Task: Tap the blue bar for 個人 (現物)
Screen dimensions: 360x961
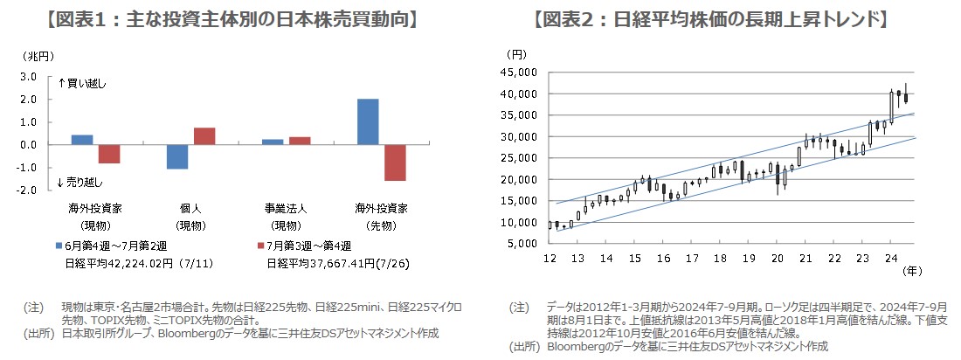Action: [177, 156]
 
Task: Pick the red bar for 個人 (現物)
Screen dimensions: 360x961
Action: [204, 136]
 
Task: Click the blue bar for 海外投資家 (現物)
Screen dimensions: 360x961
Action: [82, 140]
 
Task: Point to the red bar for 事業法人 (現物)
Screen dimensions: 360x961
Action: [300, 141]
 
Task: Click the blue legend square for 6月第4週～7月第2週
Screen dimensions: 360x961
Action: [59, 246]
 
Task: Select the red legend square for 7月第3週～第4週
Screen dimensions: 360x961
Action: [259, 246]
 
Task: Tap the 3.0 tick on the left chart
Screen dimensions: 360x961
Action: [27, 77]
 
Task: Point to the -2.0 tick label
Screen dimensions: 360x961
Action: [25, 190]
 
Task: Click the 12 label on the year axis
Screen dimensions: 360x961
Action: [550, 259]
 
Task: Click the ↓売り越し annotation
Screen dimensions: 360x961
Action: [80, 182]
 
